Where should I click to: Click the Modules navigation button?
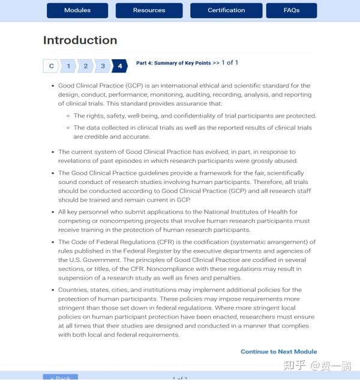click(x=77, y=10)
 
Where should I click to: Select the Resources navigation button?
click(x=149, y=10)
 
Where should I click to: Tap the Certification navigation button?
click(x=226, y=10)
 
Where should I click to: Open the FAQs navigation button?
click(x=292, y=10)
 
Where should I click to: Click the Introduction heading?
click(x=80, y=41)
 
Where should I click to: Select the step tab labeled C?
click(x=51, y=66)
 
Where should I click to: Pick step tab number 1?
click(x=68, y=66)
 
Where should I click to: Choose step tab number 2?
click(x=86, y=66)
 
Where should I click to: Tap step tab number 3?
click(x=103, y=66)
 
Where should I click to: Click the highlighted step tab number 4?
click(x=120, y=66)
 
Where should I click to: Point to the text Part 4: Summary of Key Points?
click(x=173, y=63)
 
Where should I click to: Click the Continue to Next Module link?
click(x=278, y=352)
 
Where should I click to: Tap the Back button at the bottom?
click(x=60, y=378)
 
